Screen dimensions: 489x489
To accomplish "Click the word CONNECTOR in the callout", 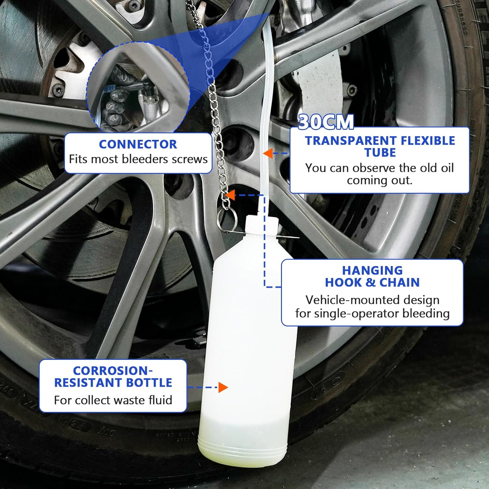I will [x=138, y=144].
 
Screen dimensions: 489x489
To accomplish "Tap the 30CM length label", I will [x=326, y=122].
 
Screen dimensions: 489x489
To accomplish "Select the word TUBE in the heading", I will [x=380, y=153].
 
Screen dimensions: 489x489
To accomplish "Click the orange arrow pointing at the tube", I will [x=268, y=153].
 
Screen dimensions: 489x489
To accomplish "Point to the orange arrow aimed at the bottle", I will [x=223, y=387].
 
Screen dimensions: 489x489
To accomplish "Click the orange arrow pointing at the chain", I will [x=230, y=195].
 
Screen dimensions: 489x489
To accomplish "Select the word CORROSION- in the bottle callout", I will [x=113, y=371].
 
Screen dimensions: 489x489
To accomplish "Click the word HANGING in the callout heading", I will [x=372, y=270].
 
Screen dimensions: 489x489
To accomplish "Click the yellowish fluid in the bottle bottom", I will [x=243, y=437].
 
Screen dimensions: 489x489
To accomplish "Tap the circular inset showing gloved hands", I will [x=137, y=88].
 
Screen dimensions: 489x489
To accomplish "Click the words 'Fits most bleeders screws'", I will [x=138, y=159].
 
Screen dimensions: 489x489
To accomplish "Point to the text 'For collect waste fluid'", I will [x=113, y=400].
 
